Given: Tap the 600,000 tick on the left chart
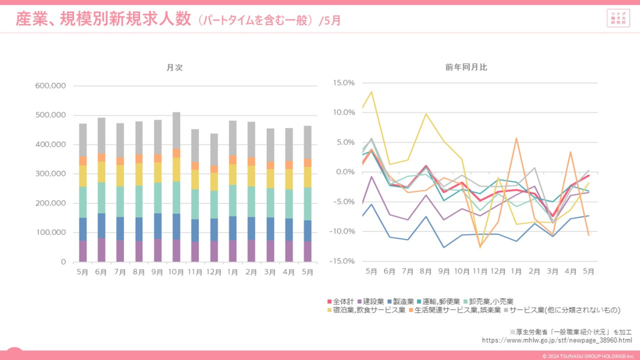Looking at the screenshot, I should pos(51,86).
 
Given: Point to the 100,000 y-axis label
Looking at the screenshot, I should pos(51,233).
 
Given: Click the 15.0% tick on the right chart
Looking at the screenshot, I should pos(343,83).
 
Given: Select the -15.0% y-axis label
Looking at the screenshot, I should pos(342,261).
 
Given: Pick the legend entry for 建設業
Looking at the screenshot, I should pos(373,301).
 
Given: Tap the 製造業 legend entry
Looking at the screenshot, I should pos(403,301).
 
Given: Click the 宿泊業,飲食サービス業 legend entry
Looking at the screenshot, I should pos(369,310).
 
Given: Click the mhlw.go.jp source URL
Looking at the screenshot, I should pos(557,340).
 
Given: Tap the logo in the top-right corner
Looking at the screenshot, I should pos(618,18).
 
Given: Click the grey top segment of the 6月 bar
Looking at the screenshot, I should pos(101,135).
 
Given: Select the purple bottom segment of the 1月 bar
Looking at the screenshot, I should pos(233,251).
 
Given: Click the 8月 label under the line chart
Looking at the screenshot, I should pos(426,271).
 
